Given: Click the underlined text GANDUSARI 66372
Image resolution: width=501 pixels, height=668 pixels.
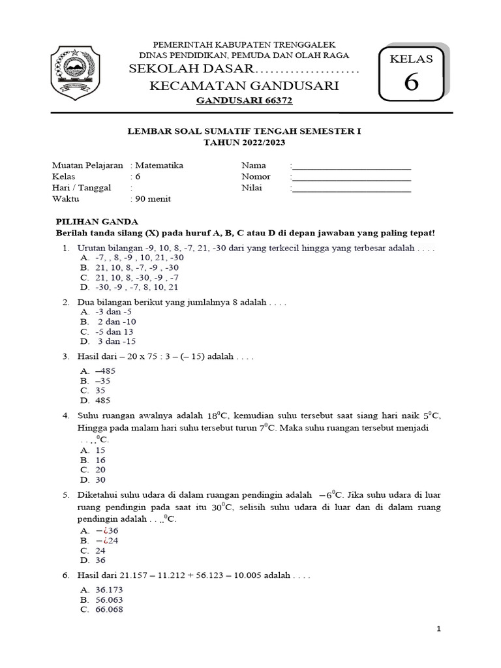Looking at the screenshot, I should [245, 101].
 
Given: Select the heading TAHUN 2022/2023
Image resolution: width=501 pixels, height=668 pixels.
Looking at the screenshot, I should [243, 142].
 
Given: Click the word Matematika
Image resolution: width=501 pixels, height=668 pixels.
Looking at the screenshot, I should [159, 166].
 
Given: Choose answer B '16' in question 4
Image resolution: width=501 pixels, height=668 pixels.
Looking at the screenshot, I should [100, 460].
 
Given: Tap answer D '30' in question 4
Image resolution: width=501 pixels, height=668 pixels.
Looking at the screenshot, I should [100, 479].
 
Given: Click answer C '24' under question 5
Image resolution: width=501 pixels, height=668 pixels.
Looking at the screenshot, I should [100, 550].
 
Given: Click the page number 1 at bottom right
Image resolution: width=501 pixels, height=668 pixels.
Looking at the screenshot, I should [439, 629].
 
